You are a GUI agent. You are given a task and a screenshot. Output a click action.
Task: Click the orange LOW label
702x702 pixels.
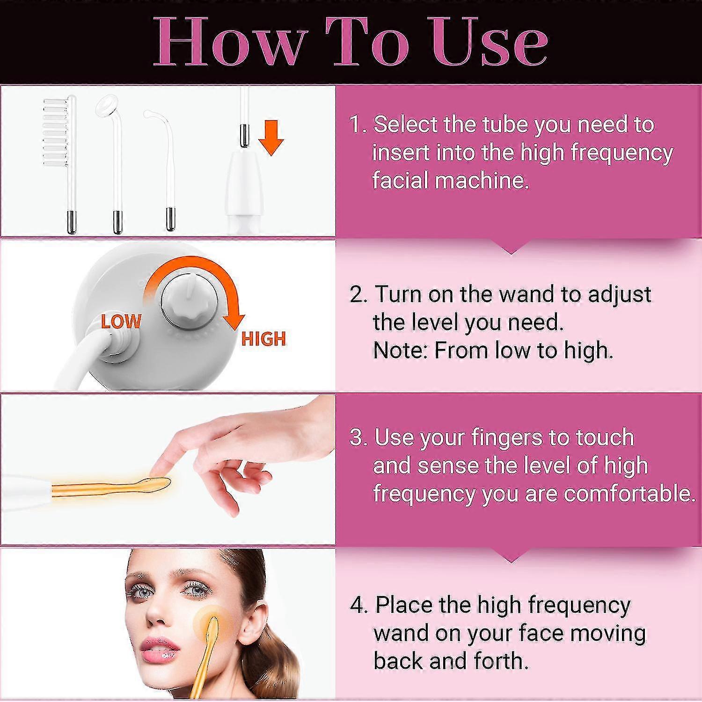[x=121, y=322]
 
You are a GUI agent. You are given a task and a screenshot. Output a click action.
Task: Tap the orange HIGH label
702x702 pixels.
[x=263, y=338]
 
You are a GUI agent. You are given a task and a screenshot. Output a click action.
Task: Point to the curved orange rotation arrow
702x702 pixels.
[x=206, y=281]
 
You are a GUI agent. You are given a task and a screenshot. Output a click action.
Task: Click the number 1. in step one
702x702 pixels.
[x=359, y=125]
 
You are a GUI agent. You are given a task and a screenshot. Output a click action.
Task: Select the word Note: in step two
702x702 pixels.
[x=401, y=351]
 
